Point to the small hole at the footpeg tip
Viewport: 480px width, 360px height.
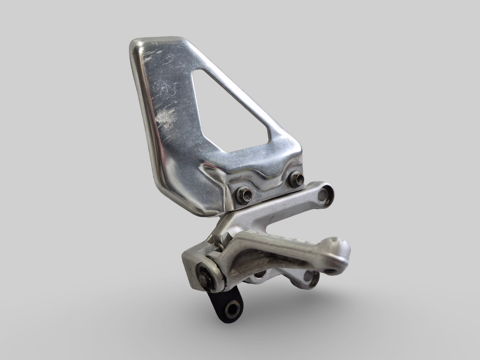click(330, 271)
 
